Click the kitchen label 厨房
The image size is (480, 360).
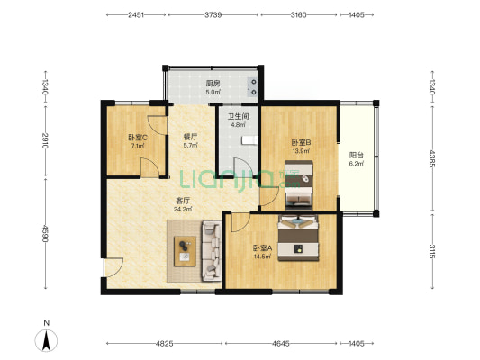[213, 84]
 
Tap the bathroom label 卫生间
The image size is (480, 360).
[238, 116]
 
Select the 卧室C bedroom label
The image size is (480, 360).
[138, 138]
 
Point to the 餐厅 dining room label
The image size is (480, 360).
[190, 137]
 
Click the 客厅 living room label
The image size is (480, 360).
[183, 201]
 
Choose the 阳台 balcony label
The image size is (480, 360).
[357, 156]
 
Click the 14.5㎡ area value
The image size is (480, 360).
[262, 256]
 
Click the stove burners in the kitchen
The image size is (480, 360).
[253, 86]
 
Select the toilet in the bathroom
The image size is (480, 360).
[249, 140]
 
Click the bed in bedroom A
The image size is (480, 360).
[298, 238]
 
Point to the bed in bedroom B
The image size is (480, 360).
[299, 185]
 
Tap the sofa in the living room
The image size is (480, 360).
[212, 251]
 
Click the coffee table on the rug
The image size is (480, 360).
[185, 251]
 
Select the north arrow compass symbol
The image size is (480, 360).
[46, 340]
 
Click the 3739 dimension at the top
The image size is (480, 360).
[213, 14]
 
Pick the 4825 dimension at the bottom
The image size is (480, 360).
[165, 344]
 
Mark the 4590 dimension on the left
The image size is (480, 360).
[45, 234]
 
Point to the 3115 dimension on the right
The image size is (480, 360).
[432, 251]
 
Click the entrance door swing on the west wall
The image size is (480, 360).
[113, 267]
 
